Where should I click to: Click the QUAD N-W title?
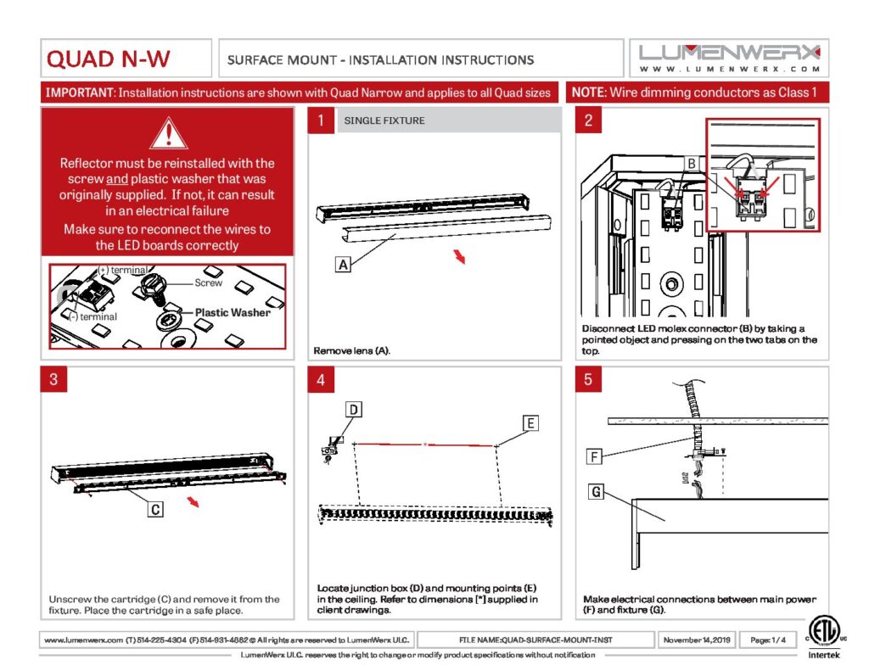pos(109,59)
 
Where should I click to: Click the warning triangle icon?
pos(169,134)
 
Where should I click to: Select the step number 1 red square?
pos(321,121)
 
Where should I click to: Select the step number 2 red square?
pos(588,121)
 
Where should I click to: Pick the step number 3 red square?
pos(54,380)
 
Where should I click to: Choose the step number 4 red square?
pos(321,380)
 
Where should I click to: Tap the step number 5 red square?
pos(588,380)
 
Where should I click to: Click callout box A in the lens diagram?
pos(343,265)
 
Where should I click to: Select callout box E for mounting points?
pos(530,422)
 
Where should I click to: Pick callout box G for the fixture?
pos(597,491)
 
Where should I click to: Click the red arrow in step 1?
pos(459,257)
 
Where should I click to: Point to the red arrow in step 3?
pos(194,502)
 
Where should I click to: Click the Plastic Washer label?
pos(233,312)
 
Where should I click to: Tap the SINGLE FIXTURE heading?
pos(384,121)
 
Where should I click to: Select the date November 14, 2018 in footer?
pos(696,640)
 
